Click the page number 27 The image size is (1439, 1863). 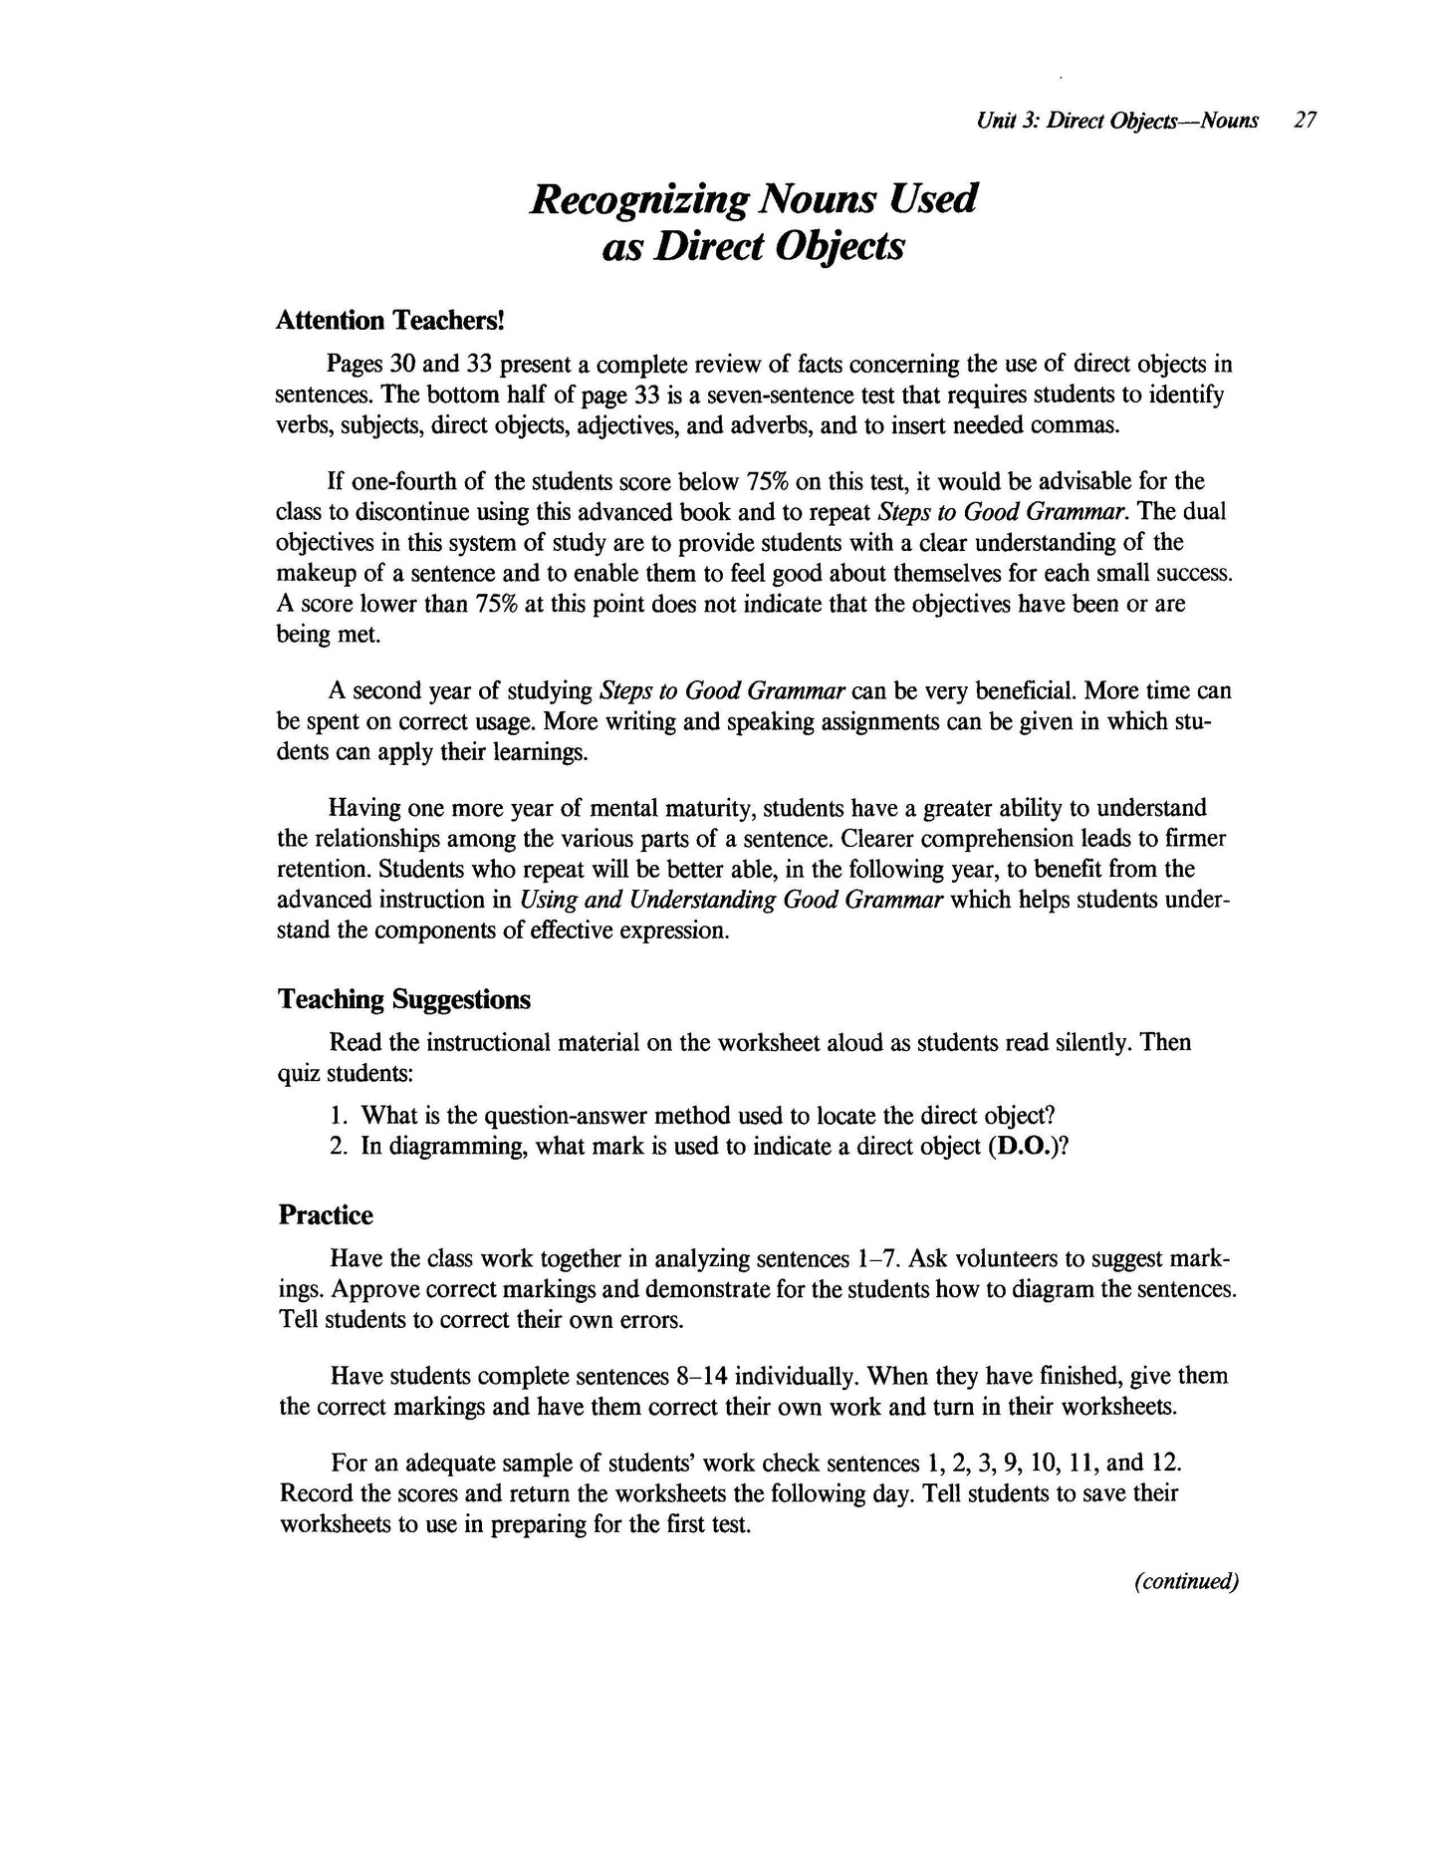tap(1305, 121)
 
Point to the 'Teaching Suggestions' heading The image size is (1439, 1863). tap(403, 998)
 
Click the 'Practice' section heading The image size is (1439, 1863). tap(326, 1214)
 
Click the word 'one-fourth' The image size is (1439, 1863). tap(405, 481)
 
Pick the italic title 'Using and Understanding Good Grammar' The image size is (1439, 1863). tap(732, 900)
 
